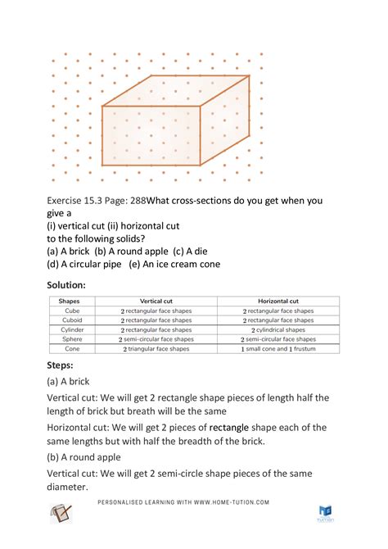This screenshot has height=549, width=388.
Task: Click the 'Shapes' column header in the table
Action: (x=70, y=302)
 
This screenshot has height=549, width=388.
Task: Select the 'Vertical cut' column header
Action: (x=156, y=302)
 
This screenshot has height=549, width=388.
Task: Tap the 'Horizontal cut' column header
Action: (x=278, y=302)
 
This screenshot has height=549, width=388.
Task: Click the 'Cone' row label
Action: (x=70, y=348)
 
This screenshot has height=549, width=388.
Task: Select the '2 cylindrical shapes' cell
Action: (x=278, y=329)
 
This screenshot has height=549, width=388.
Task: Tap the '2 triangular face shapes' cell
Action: (x=156, y=348)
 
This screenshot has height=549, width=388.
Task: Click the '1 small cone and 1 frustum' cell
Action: (x=278, y=348)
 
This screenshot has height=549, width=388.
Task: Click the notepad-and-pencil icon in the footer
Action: (x=62, y=515)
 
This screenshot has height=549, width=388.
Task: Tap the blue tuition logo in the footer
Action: (x=325, y=513)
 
